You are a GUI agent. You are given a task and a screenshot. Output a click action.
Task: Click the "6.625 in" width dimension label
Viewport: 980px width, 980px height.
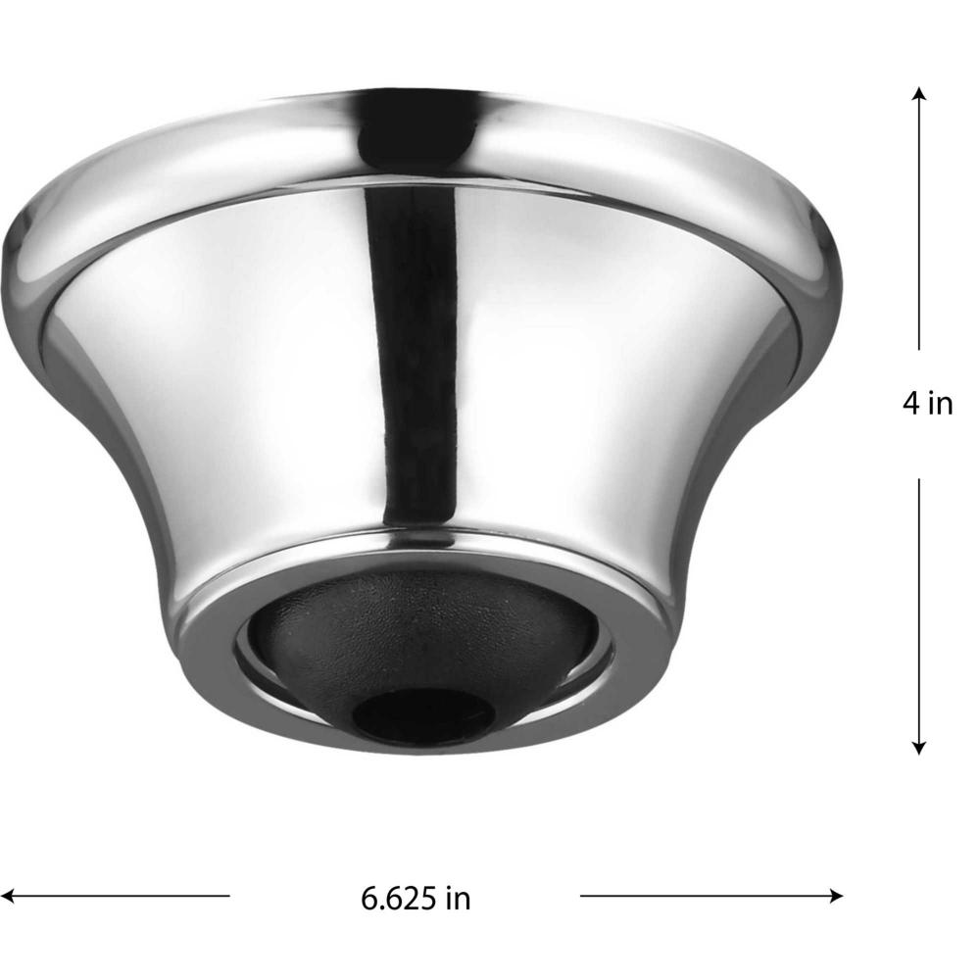point(416,899)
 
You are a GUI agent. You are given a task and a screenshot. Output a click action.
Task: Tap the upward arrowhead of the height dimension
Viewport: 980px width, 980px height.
point(919,94)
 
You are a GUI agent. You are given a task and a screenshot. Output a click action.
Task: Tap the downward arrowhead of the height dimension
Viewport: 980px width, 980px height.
point(919,748)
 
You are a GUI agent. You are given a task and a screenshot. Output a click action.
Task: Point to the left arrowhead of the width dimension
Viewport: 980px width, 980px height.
point(8,896)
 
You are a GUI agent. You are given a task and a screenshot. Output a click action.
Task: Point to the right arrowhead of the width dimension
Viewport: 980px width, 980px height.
point(836,896)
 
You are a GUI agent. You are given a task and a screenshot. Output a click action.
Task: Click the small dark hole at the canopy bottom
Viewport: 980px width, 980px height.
point(423,714)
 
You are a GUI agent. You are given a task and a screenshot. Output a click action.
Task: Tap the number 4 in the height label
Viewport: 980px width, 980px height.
point(910,404)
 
